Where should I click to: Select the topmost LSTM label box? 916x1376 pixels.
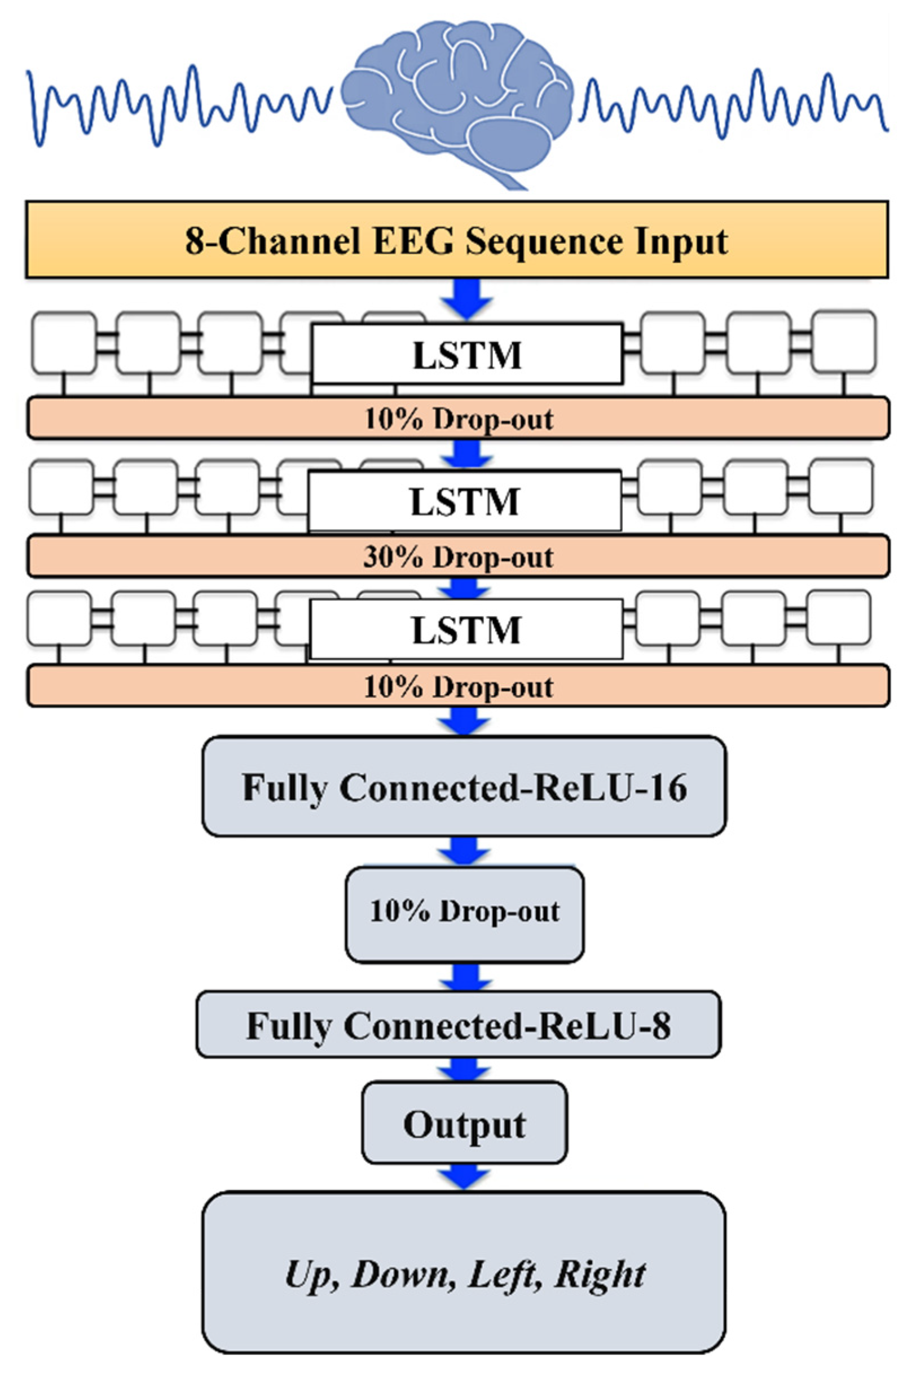(467, 354)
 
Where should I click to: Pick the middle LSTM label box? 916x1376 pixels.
(464, 501)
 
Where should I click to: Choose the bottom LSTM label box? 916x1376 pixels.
(465, 629)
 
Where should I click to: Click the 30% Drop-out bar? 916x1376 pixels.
(458, 557)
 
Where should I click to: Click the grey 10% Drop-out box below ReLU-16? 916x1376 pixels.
(464, 912)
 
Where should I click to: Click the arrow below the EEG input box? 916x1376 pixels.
(467, 298)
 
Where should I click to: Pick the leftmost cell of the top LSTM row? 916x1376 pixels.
(64, 343)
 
